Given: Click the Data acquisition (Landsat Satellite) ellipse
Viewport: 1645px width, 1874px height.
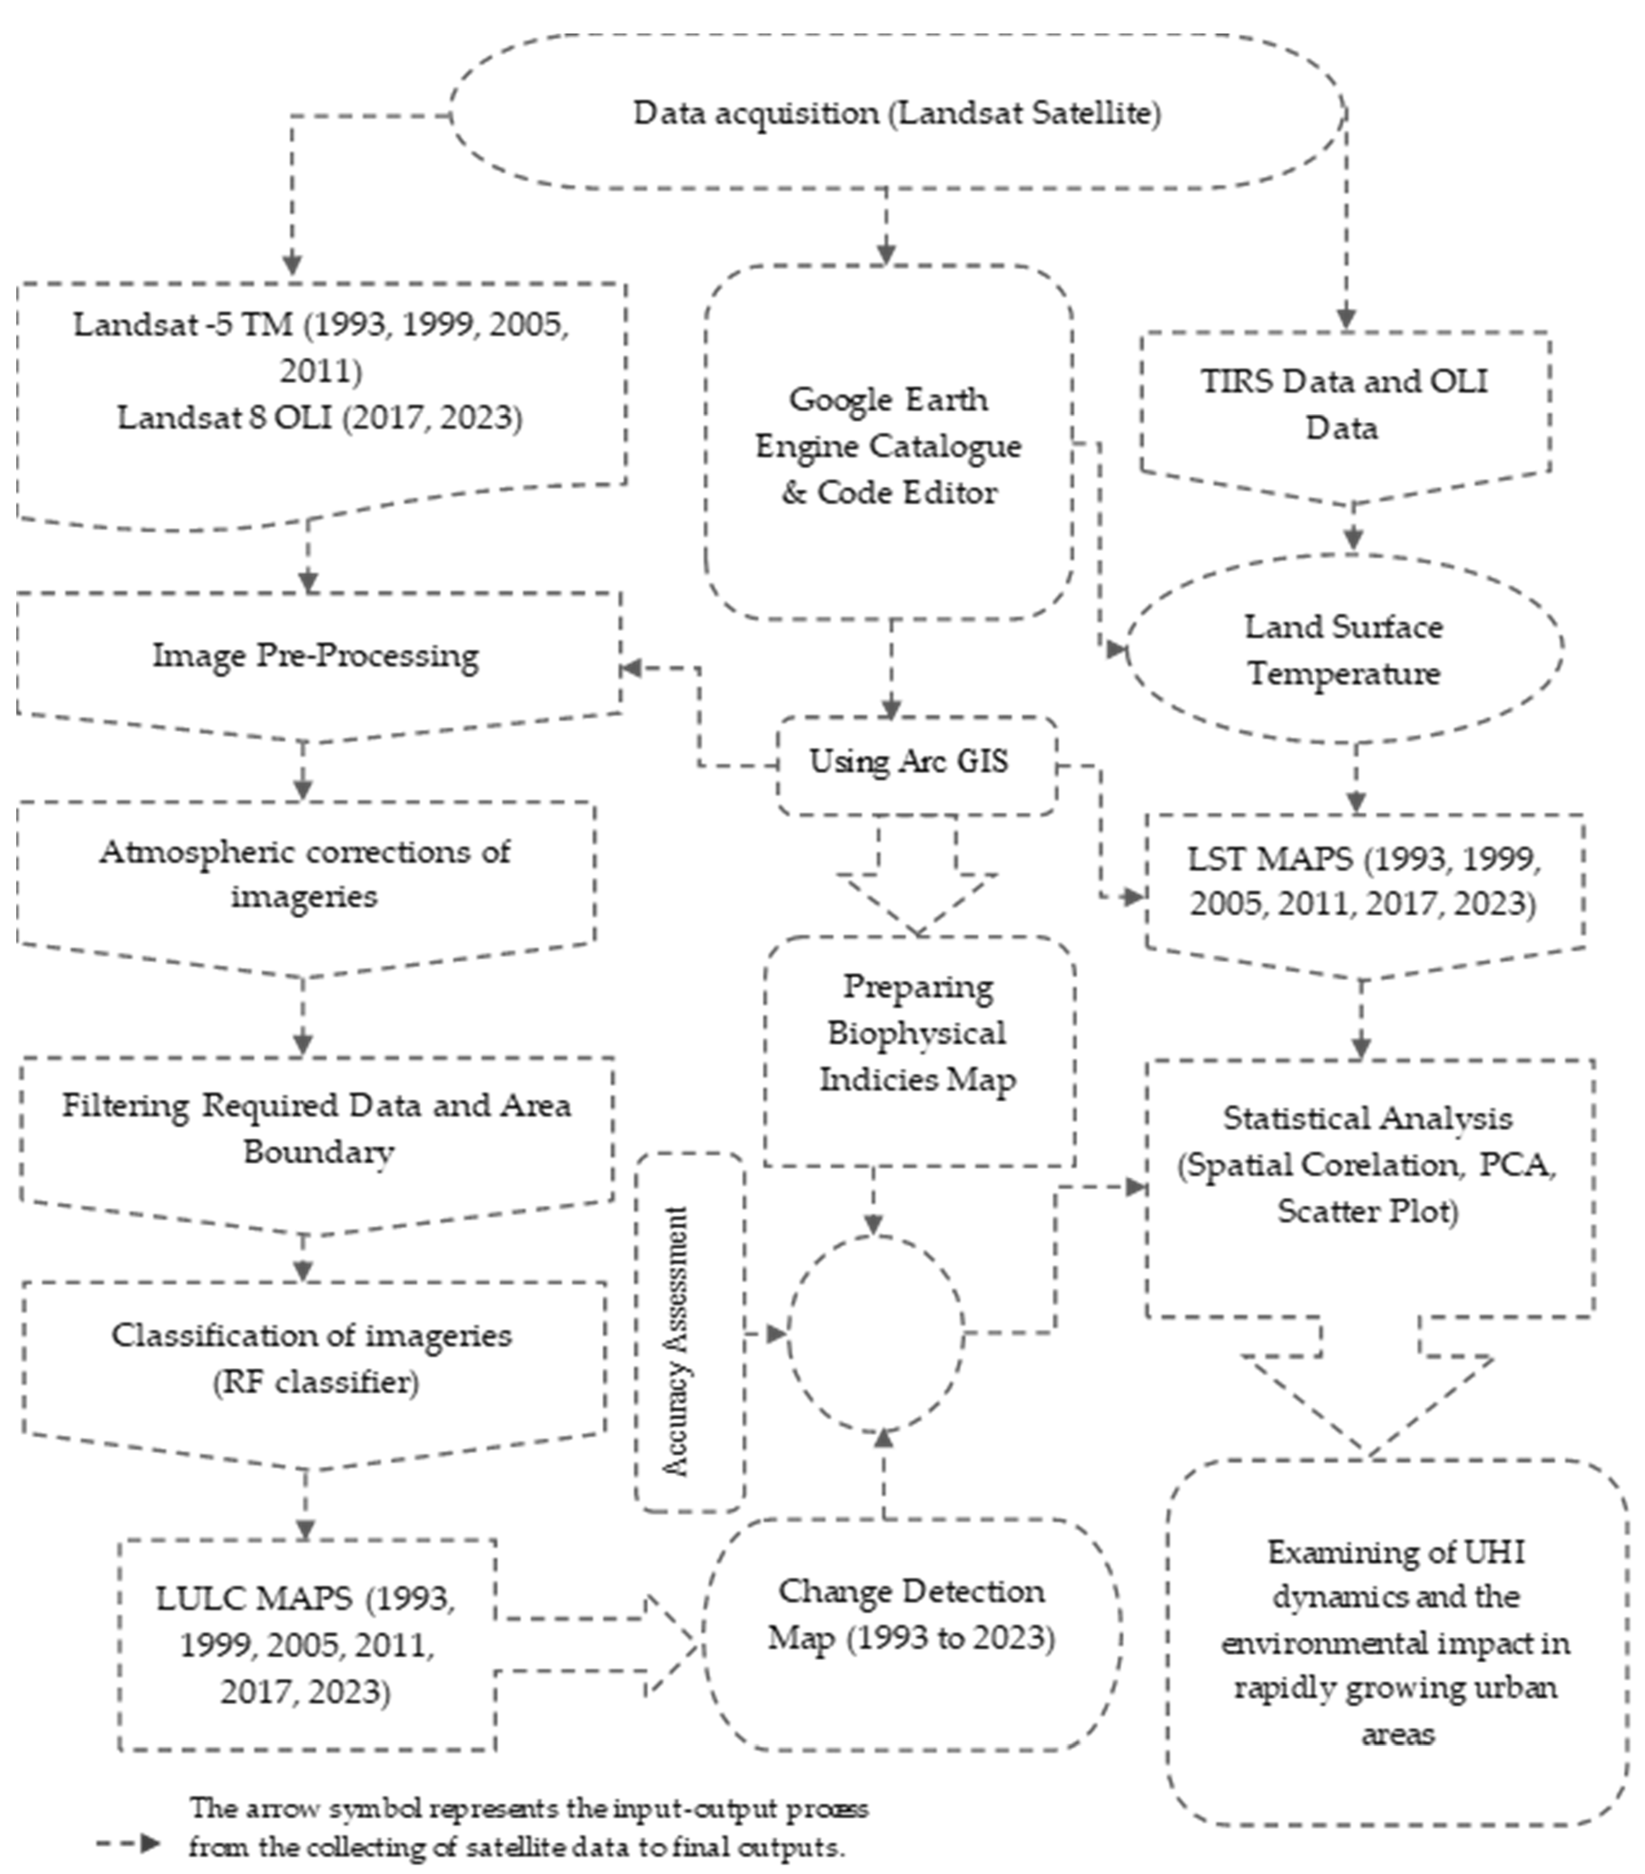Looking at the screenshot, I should coord(897,113).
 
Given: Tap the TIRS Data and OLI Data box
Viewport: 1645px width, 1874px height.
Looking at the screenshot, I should coord(1344,404).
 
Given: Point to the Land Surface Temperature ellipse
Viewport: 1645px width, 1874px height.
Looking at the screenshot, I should coord(1344,649).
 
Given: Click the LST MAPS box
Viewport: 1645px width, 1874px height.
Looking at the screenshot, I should coord(1363,881).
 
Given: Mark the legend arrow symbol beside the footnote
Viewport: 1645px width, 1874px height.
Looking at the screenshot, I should coord(128,1844).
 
